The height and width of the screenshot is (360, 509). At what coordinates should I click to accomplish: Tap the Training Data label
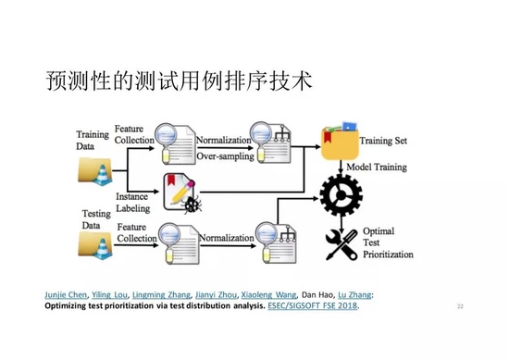92,141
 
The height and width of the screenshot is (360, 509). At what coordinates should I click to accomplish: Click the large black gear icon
340,192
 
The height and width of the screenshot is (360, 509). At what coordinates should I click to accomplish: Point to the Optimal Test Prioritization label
387,243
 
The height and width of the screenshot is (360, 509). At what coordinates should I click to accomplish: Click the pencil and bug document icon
180,192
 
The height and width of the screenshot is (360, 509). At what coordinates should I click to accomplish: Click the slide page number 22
460,305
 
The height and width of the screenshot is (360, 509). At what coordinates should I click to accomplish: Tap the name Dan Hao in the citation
319,295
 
